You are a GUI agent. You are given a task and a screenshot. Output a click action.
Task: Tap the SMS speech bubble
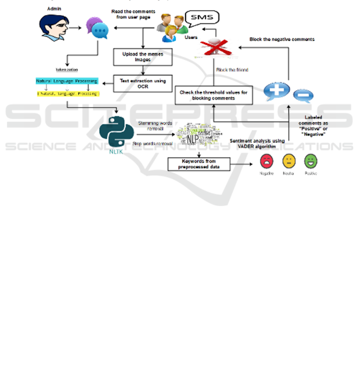[204, 18]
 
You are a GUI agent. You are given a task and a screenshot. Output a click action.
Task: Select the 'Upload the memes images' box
[143, 57]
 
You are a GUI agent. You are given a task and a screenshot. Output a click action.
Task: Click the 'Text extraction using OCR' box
[143, 83]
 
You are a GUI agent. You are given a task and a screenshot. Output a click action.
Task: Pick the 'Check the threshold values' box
[214, 95]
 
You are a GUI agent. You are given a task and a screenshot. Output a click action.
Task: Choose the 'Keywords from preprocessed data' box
[199, 164]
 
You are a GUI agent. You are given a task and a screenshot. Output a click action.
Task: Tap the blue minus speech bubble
[303, 96]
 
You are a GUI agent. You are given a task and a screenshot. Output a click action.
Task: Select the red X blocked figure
[211, 44]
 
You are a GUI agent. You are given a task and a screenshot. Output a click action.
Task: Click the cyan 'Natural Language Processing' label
[67, 81]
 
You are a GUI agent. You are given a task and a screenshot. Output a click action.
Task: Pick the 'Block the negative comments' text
[282, 39]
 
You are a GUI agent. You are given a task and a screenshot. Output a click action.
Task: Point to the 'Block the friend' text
[232, 70]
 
